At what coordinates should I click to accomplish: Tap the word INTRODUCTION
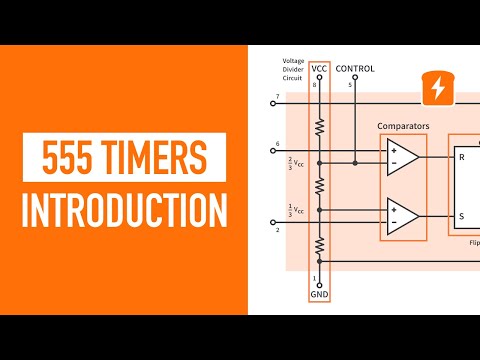(124, 211)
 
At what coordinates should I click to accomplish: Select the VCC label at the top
(319, 69)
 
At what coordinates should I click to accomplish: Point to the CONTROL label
(355, 69)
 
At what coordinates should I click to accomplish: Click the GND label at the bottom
(319, 295)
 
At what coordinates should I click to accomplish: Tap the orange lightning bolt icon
(437, 88)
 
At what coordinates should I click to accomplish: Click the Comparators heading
(403, 126)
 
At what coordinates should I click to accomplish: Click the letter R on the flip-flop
(461, 157)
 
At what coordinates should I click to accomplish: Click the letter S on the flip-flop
(461, 215)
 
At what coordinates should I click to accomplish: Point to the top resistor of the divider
(319, 126)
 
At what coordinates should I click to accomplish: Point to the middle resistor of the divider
(319, 187)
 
